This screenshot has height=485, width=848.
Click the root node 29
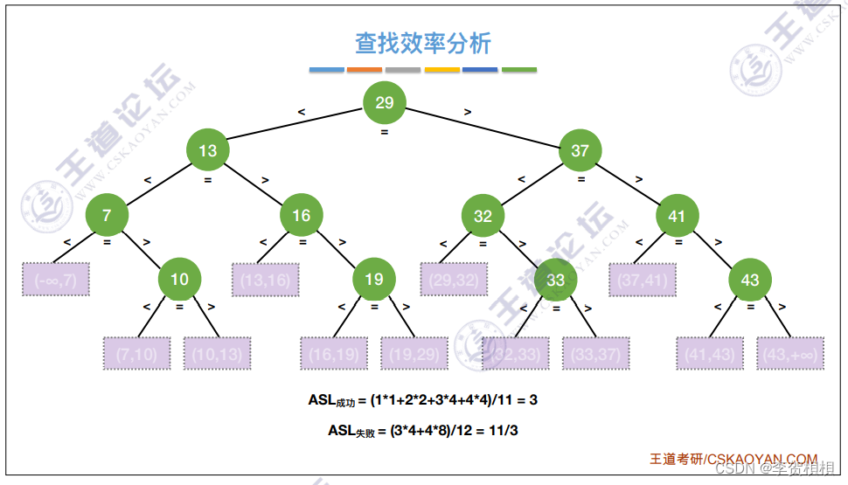(385, 103)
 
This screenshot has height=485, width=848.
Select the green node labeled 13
(207, 150)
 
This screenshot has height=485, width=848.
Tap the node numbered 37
(580, 150)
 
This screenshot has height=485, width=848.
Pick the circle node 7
(107, 215)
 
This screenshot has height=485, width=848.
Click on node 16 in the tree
(301, 215)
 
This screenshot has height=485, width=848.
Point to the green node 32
(483, 216)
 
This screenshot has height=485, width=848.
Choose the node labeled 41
(678, 215)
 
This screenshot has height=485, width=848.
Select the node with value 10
(179, 280)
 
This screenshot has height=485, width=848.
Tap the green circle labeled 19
(374, 280)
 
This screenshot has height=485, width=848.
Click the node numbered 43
(750, 280)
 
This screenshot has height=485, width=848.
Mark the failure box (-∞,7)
(56, 280)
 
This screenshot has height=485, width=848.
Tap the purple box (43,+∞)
(790, 354)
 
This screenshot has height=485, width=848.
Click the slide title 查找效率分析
(423, 43)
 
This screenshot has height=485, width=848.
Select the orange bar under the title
(365, 70)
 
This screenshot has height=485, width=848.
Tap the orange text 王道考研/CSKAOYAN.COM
(733, 459)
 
